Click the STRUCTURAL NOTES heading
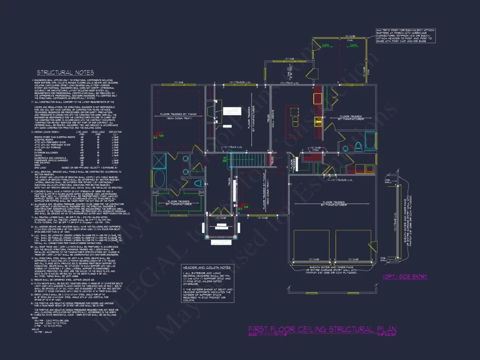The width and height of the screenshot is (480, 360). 65,72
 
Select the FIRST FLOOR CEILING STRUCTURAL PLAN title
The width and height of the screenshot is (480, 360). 322,329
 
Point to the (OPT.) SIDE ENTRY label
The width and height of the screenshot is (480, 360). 405,277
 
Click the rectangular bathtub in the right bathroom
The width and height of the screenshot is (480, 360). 370,141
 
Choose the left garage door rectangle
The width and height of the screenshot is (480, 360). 311,245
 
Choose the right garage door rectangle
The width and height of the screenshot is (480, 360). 353,245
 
